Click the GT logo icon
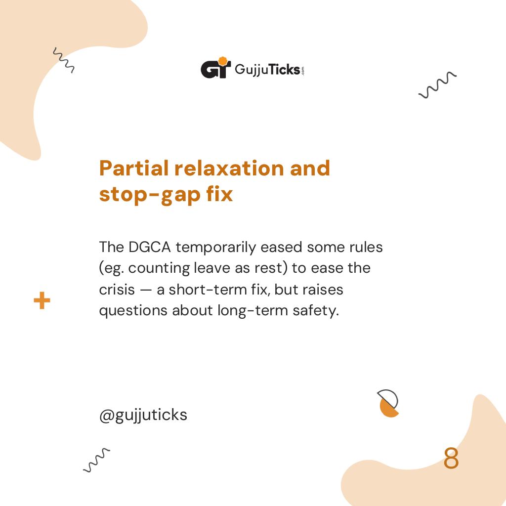tap(215, 69)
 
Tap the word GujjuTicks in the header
tap(267, 69)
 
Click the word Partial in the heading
tap(133, 169)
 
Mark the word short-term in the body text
tap(210, 289)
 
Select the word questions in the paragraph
tap(133, 311)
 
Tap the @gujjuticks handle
tap(143, 415)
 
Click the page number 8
tap(451, 459)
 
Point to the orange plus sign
tap(42, 300)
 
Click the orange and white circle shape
tap(388, 403)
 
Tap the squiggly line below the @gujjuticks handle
tap(96, 461)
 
